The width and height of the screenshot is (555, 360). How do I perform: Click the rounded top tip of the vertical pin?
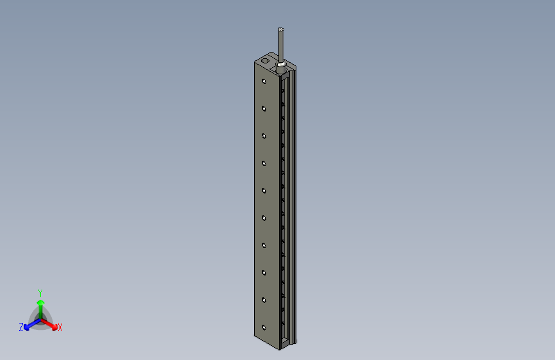coord(281,29)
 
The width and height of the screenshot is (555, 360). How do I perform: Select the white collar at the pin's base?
coord(281,65)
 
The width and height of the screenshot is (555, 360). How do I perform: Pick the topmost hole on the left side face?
coord(264,81)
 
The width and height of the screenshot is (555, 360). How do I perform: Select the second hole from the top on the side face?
coord(264,108)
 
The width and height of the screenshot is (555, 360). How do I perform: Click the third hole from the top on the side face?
coord(264,136)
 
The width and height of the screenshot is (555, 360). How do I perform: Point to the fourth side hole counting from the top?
coord(264,163)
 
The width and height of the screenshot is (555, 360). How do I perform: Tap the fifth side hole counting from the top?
coord(264,190)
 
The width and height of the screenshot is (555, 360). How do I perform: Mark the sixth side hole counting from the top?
coord(264,218)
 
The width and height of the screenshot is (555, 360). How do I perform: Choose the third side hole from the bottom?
coord(264,272)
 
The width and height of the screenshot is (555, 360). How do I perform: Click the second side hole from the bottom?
coord(264,300)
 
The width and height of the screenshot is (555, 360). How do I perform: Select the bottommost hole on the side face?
coord(264,327)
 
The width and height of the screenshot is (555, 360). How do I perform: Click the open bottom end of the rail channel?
coord(286,339)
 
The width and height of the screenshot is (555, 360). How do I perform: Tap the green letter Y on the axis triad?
coord(40,291)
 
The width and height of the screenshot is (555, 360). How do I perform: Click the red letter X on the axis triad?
coord(60,328)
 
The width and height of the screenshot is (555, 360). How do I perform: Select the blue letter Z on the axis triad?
coord(21,327)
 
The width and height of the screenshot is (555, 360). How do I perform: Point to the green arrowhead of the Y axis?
coord(40,302)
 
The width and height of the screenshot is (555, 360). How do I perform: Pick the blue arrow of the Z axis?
coord(28,326)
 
